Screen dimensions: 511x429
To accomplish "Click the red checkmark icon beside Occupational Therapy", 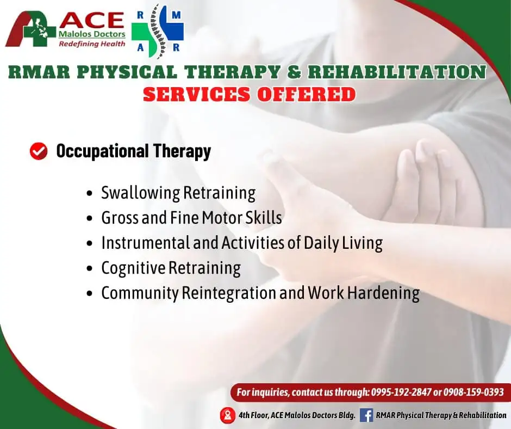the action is (39, 151).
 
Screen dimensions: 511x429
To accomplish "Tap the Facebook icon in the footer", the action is (366, 415).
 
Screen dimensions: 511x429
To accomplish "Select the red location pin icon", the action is (227, 415).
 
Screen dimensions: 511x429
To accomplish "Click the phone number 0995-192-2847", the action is (401, 392).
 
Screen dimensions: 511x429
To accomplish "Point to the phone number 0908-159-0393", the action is (473, 392).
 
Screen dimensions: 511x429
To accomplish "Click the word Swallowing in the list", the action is (140, 193).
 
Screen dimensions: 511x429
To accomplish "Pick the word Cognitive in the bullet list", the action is (133, 268).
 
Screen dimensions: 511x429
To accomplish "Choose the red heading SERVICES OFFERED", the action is (250, 94).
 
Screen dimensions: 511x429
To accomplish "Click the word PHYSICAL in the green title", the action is (127, 72).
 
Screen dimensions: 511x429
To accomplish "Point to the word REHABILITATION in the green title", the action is (397, 72).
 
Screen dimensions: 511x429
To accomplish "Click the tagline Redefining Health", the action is (92, 44).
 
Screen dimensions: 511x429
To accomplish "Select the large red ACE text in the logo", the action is (92, 21).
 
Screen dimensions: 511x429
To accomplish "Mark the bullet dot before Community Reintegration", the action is (90, 293).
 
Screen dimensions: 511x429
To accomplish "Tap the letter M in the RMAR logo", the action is (176, 15).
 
